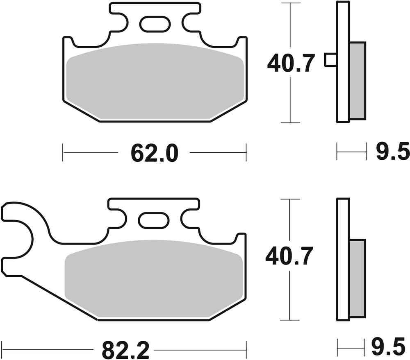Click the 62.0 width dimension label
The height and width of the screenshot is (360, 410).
tap(155, 153)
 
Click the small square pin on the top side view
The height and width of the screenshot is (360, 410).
tap(330, 60)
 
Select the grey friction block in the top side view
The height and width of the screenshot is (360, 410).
tap(357, 80)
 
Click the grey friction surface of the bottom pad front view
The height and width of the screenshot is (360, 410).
tap(153, 278)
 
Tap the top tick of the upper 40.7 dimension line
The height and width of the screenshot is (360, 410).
tap(290, 3)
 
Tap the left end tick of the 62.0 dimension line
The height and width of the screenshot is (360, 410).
tap(63, 153)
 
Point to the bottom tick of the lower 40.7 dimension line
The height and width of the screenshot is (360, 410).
tap(290, 319)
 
